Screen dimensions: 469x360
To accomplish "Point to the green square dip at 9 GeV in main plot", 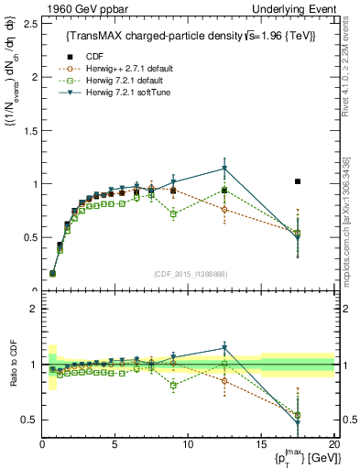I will pos(173,213).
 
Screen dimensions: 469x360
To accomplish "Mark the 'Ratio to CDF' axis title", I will pos(14,376).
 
